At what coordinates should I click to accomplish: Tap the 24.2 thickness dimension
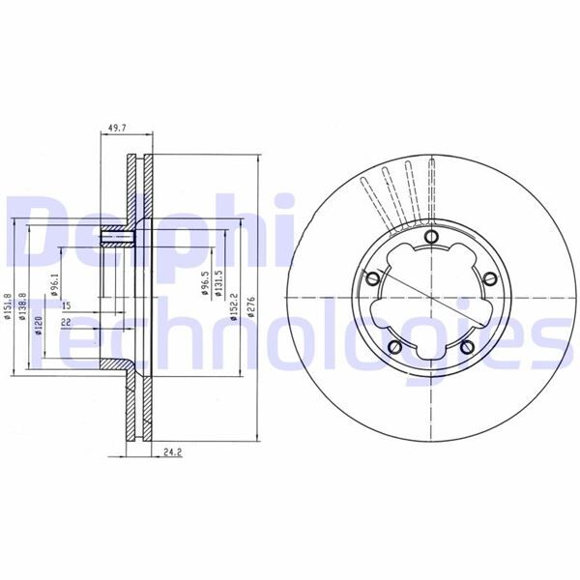click(173, 450)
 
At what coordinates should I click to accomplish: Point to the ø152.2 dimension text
click(234, 304)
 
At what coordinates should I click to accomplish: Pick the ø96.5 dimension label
click(205, 288)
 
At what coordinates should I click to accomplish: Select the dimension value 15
click(66, 306)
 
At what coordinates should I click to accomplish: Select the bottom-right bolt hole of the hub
click(465, 347)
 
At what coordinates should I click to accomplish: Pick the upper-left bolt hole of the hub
click(371, 278)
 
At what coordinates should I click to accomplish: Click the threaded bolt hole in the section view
click(121, 237)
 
